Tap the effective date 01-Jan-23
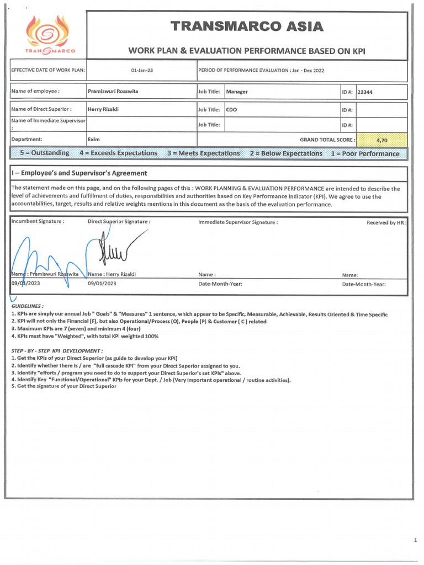coord(141,71)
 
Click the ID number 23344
coord(365,92)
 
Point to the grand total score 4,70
coord(381,140)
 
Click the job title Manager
coord(237,92)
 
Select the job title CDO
coord(232,109)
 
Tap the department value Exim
coord(94,140)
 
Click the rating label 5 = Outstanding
coord(45,153)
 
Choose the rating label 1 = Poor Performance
coord(365,153)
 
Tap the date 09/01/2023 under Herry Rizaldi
coord(102,284)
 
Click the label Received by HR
coord(387,222)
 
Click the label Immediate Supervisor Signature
coord(238,222)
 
